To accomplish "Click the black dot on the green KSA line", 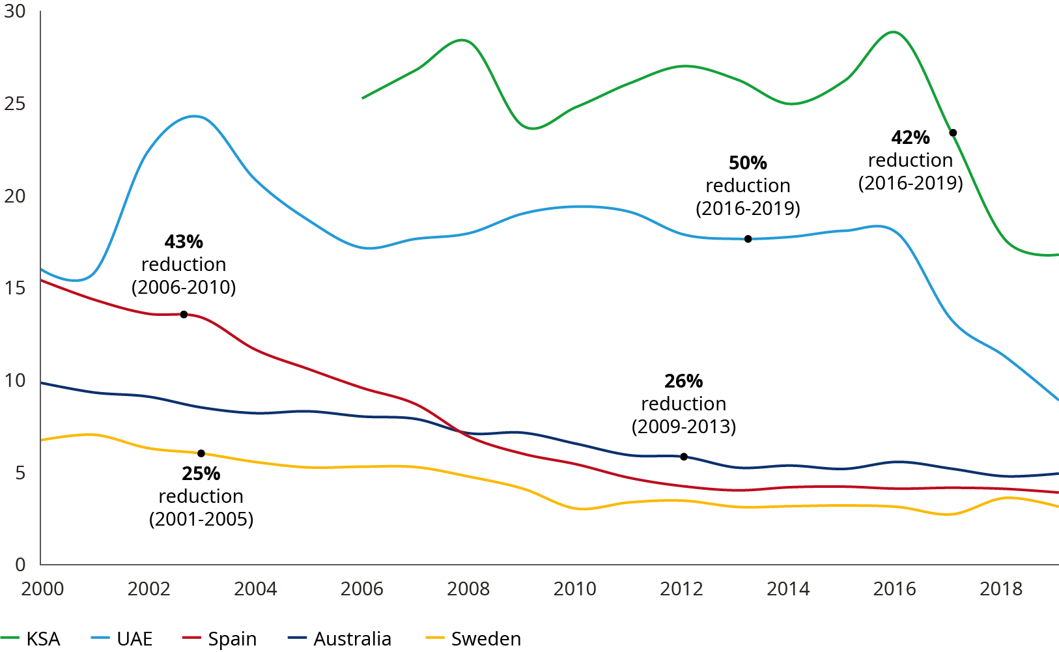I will (x=953, y=133).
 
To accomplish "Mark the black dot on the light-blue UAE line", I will (x=748, y=239).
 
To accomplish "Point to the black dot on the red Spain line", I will (x=184, y=315).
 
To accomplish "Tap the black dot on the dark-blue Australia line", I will (x=684, y=457).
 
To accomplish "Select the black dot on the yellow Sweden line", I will (x=201, y=453).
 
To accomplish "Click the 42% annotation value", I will (x=911, y=138).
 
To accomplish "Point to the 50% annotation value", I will (x=748, y=163).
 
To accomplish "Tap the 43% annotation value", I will (x=184, y=242).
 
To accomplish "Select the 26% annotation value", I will (x=683, y=381).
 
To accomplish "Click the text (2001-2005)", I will (x=201, y=519).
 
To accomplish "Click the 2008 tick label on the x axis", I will (x=468, y=589).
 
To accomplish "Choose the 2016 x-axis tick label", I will (x=894, y=589).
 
